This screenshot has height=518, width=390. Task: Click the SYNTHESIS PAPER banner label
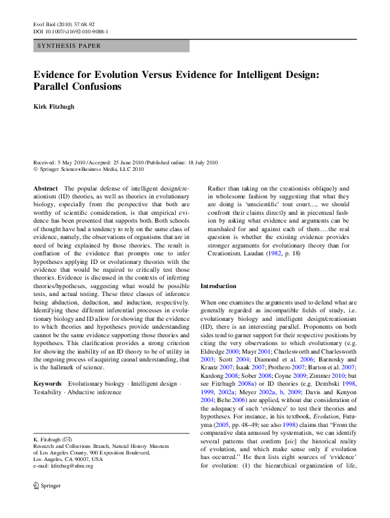tap(66, 46)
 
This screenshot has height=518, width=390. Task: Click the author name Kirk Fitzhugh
tap(56, 105)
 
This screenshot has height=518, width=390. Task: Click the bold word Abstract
tap(45, 188)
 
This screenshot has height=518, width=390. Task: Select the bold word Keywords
tap(48, 383)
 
